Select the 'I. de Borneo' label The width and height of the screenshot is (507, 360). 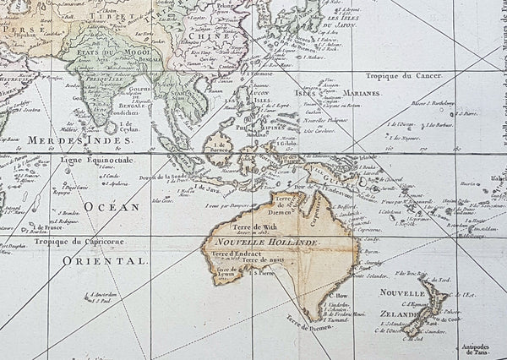(221, 146)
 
